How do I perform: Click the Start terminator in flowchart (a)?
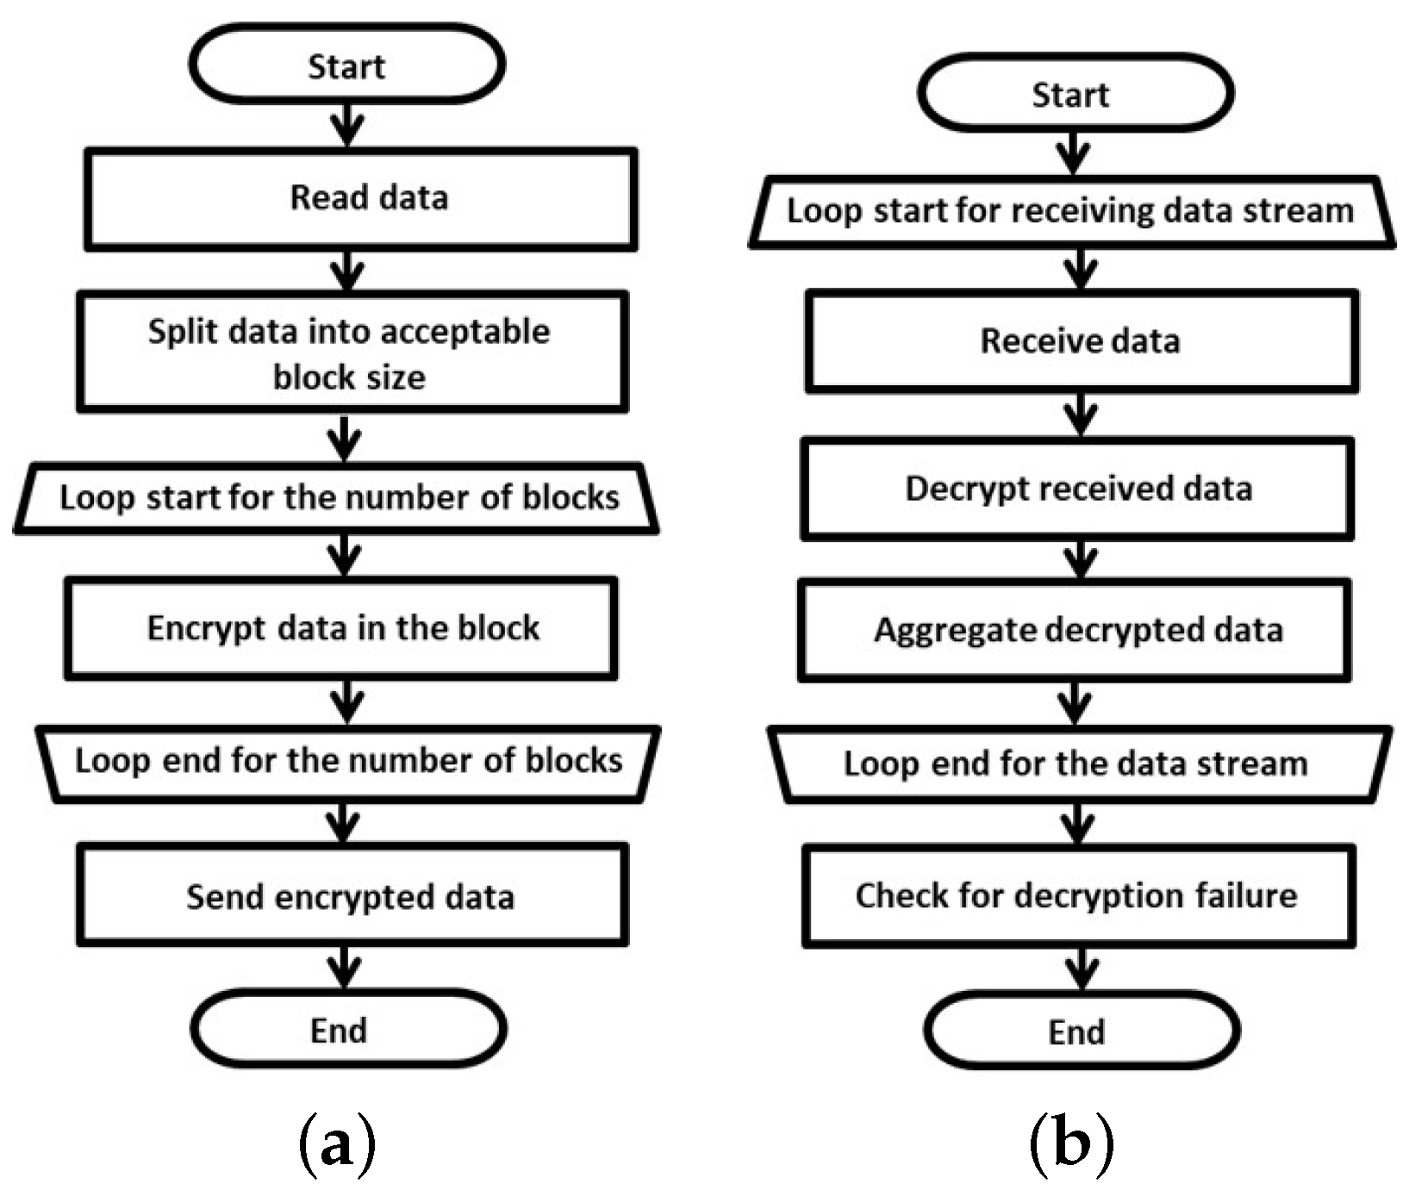pos(346,65)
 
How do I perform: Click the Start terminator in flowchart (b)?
pos(1075,93)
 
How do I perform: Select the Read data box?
pos(361,199)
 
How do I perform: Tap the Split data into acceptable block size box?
pos(352,352)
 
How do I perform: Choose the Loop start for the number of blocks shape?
pos(337,498)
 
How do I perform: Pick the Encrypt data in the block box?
pos(341,628)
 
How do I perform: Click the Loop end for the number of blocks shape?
pos(348,763)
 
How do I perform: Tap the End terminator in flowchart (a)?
pos(348,1029)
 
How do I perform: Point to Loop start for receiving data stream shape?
pos(1071,212)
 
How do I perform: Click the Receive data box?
pos(1082,341)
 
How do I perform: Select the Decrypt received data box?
pos(1077,489)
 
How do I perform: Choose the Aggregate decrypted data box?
pos(1075,631)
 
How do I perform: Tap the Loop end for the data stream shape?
pos(1080,765)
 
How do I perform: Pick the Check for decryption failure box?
pos(1079,896)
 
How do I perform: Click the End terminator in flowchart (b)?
pos(1082,1031)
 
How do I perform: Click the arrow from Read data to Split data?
pos(347,271)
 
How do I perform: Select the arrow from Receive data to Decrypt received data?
pos(1081,415)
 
